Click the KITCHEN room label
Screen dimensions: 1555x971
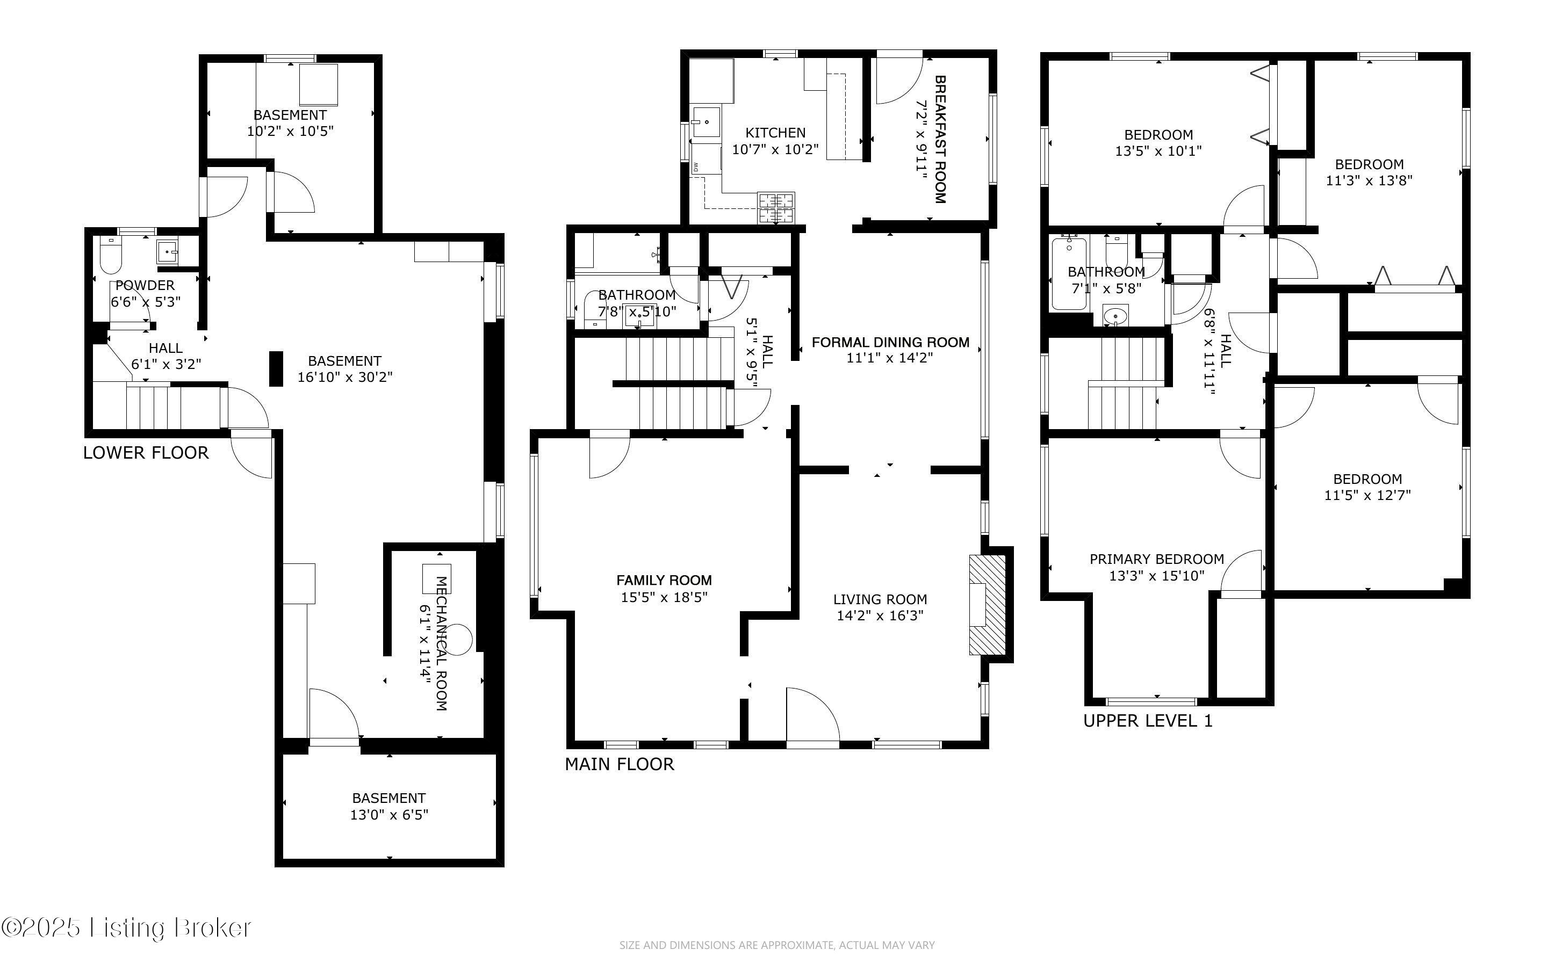coord(775,133)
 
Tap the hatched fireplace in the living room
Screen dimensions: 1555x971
coord(987,605)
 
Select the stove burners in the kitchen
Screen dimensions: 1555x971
coord(776,208)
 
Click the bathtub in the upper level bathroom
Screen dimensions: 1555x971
coord(1069,273)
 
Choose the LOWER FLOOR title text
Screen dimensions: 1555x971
coord(146,453)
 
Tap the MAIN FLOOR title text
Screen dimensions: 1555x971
coord(619,764)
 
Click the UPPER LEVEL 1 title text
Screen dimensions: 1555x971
coord(1148,721)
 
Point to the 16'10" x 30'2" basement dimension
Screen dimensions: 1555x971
coord(345,377)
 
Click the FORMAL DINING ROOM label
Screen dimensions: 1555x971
coord(890,342)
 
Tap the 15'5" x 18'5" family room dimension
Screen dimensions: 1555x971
coord(664,597)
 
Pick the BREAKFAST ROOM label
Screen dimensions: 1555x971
coord(940,139)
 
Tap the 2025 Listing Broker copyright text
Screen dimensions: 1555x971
coord(126,927)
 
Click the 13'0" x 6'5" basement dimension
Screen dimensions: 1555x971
coord(389,815)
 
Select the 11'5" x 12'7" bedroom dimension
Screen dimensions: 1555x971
coord(1367,495)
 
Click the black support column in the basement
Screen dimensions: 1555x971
coord(276,368)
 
